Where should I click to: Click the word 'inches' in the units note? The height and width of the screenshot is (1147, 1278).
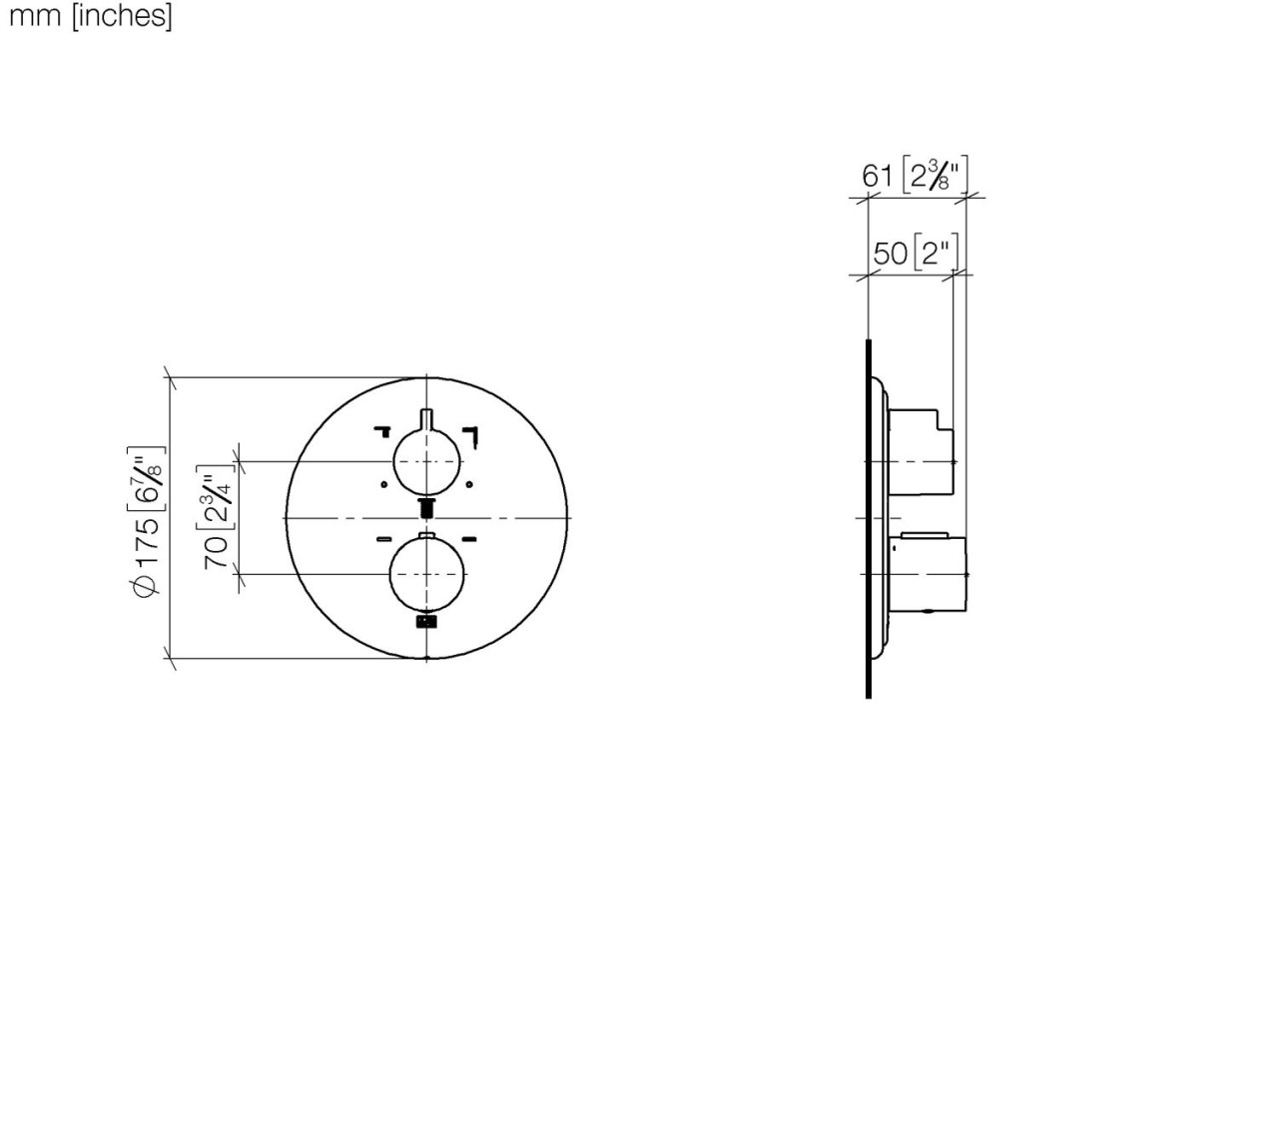(121, 16)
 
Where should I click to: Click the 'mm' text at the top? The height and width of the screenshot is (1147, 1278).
(36, 16)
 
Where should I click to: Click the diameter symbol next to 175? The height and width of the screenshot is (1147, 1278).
(147, 586)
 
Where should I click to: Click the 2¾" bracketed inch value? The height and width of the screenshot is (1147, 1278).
(217, 497)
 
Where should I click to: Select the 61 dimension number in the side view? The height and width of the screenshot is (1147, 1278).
(877, 177)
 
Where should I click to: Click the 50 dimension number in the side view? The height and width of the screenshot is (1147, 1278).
(889, 254)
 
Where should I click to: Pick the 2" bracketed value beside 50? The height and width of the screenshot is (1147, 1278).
(935, 253)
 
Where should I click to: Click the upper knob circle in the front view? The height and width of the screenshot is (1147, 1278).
(426, 461)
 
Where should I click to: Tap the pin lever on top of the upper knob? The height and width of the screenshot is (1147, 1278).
(426, 419)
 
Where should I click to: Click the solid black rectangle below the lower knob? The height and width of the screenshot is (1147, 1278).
(426, 622)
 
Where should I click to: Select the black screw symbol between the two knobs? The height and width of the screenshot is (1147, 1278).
(426, 508)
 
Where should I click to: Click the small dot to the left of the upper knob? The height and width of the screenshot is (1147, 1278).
(384, 485)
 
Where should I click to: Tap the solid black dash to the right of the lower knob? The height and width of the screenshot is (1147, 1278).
(468, 539)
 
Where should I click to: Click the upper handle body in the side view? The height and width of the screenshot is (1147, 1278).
(921, 451)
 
